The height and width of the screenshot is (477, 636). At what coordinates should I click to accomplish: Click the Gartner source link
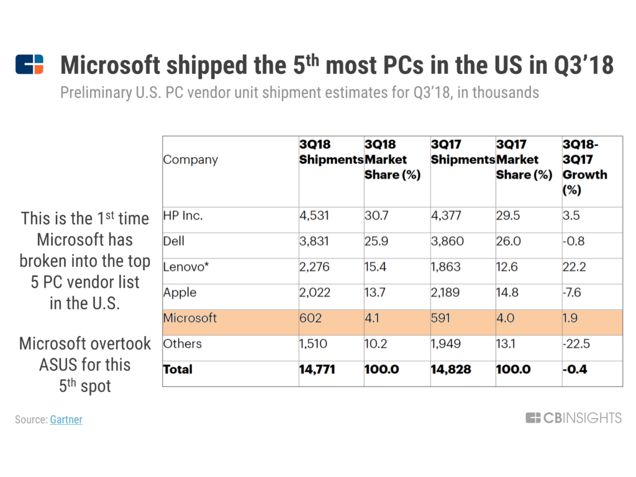(66, 419)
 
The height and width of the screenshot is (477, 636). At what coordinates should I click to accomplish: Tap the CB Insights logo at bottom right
(573, 418)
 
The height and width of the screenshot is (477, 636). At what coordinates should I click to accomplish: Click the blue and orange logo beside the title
(30, 65)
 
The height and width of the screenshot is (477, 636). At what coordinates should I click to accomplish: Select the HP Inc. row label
(183, 216)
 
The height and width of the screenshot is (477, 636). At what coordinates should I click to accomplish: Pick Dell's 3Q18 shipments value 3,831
(315, 242)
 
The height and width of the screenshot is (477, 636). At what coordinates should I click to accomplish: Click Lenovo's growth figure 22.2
(575, 267)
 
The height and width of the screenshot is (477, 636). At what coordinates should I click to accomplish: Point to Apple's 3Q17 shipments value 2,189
(447, 293)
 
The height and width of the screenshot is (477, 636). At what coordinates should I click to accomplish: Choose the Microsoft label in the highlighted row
(190, 318)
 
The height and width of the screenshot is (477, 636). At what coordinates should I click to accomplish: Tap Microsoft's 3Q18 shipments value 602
(311, 318)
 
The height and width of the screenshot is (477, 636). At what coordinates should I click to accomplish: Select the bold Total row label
(178, 369)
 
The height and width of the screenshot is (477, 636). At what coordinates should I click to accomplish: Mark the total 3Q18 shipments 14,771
(317, 369)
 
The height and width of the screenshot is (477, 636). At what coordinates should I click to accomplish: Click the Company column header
(191, 160)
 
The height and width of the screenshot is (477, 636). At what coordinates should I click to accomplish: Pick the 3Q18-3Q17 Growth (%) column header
(584, 167)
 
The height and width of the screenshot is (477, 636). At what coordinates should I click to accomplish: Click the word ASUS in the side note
(59, 365)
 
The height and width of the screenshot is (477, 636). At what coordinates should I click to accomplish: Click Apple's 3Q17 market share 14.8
(507, 293)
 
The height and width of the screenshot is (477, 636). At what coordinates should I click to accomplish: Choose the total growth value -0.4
(575, 369)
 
